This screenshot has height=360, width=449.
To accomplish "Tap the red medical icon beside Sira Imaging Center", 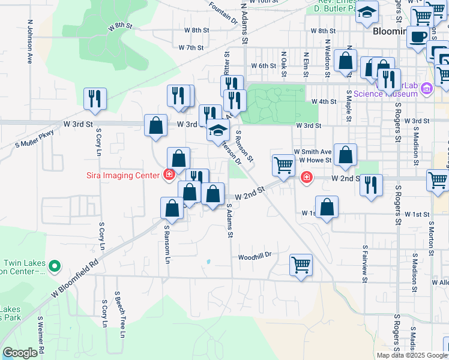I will tap(169, 175).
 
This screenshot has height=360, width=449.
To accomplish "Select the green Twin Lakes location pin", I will tap(55, 265).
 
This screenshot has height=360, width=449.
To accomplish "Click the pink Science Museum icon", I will tap(427, 90).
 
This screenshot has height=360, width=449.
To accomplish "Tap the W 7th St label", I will tap(192, 47).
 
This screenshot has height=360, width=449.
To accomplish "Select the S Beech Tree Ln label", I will tap(121, 318).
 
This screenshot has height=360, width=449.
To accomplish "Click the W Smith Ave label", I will tap(312, 152).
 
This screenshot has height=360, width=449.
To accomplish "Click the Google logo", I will tap(20, 353).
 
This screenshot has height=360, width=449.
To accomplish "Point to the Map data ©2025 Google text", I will tap(411, 355).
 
